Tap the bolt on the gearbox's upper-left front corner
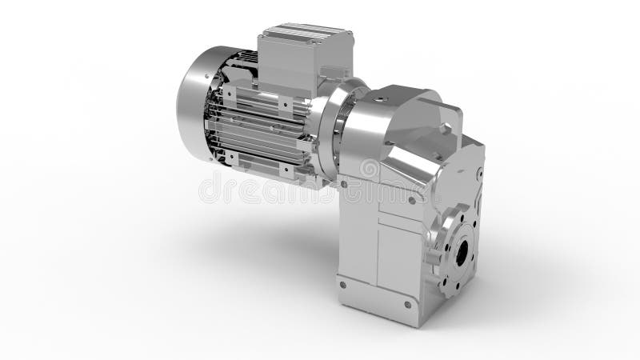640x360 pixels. click(344, 183)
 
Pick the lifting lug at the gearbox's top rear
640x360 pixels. click(448, 112)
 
